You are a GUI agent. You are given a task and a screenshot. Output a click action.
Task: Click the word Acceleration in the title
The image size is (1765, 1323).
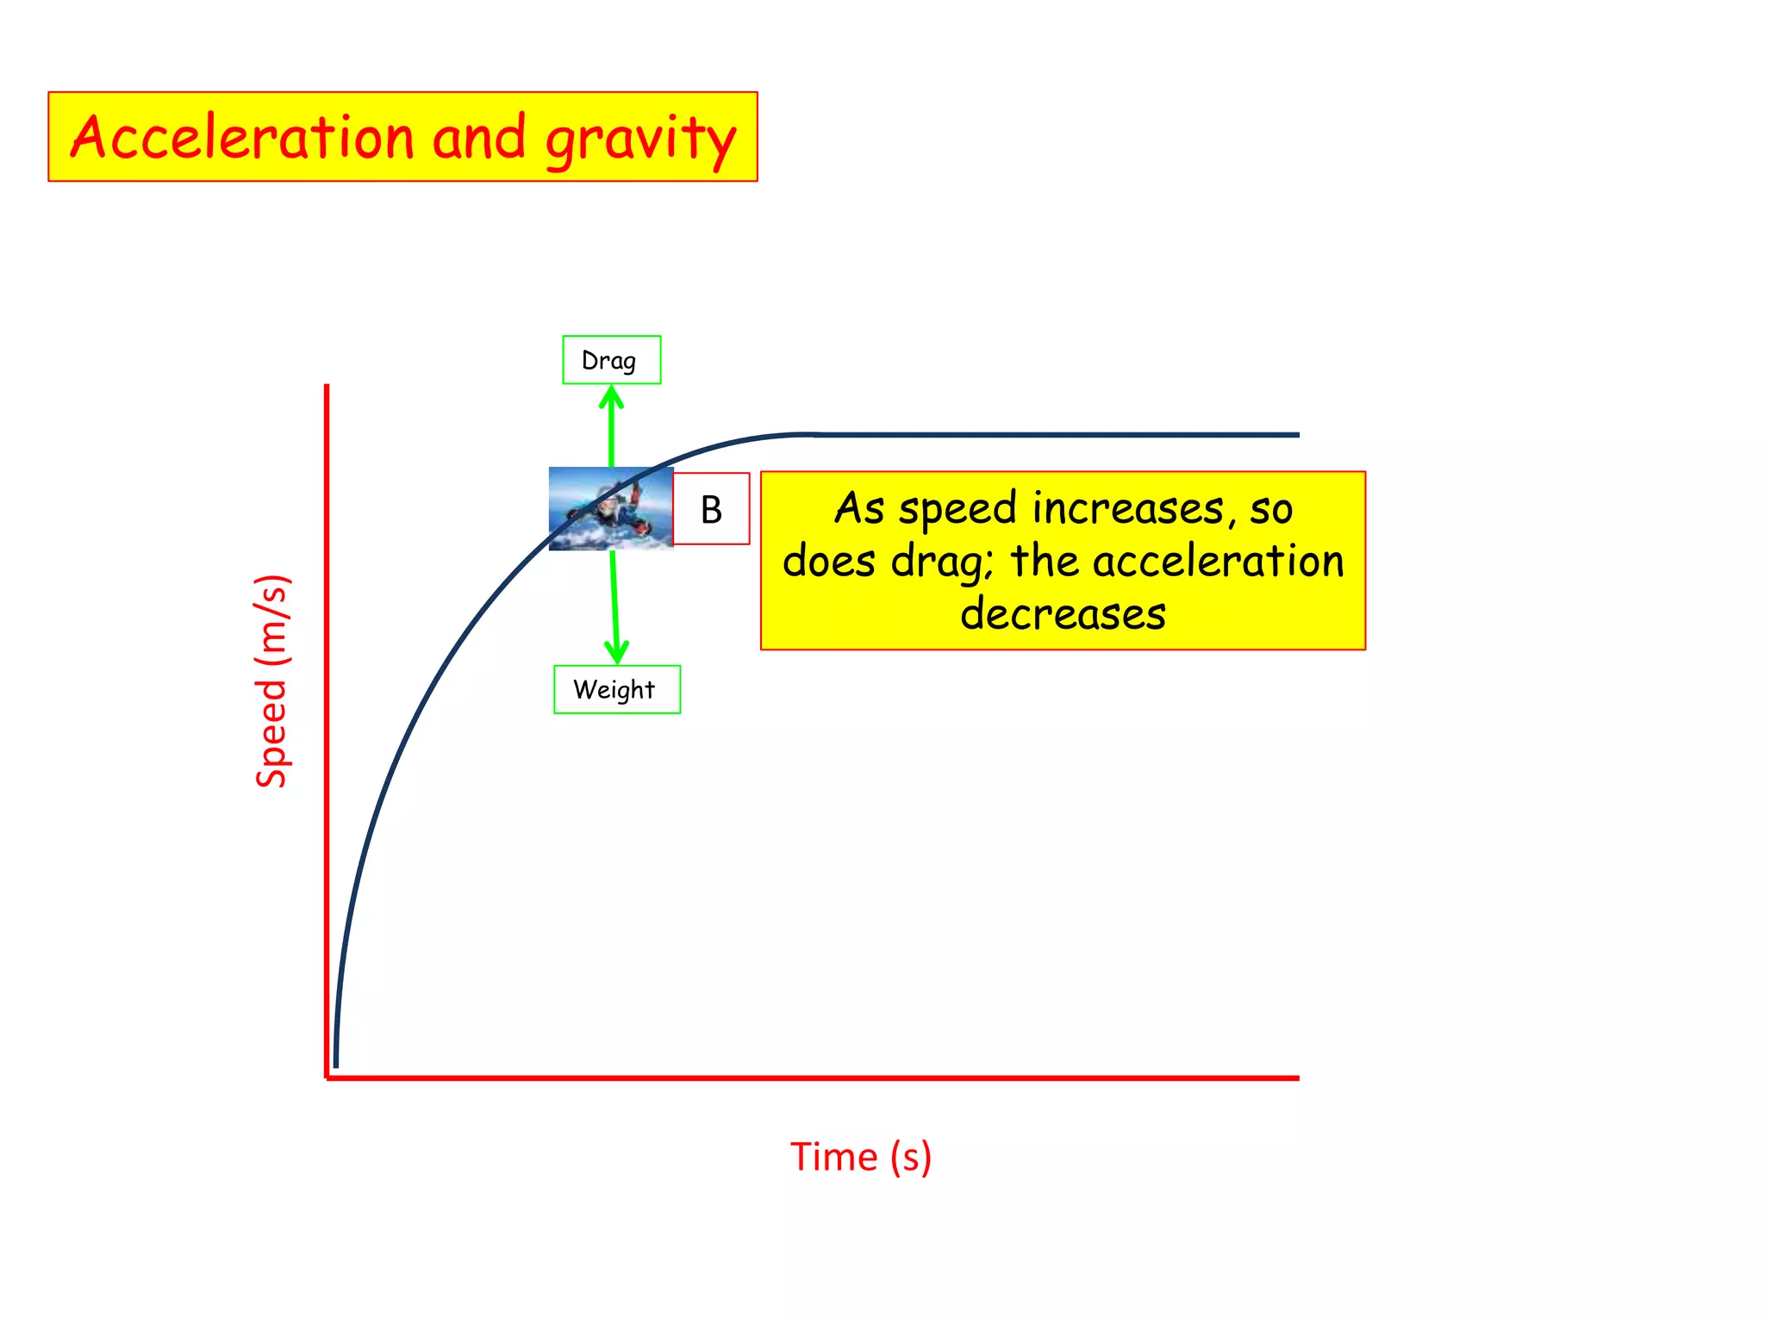[242, 137]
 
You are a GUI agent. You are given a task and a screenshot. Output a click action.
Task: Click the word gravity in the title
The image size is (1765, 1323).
[641, 140]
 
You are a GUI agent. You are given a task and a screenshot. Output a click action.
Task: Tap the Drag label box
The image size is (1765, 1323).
[611, 360]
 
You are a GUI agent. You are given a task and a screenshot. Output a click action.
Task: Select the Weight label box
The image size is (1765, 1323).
[616, 689]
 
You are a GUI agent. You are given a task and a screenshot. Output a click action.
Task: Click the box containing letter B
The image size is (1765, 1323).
[711, 509]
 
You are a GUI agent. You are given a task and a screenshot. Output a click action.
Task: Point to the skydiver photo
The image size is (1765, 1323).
[610, 509]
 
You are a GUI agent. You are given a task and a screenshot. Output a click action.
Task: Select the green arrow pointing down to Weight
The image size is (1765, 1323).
[614, 603]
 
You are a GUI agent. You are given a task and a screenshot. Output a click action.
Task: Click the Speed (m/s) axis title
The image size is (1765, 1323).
[271, 680]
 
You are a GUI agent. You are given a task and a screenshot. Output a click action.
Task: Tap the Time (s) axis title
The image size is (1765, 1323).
[860, 1156]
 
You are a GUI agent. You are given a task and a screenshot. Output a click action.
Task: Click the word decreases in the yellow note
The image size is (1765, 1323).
[1063, 614]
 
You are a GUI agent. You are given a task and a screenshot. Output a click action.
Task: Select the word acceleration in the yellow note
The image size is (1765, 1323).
[1219, 562]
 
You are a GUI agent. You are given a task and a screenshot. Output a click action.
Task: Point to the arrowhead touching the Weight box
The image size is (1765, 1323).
[617, 652]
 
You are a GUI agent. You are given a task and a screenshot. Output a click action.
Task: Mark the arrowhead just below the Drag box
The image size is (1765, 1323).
[611, 397]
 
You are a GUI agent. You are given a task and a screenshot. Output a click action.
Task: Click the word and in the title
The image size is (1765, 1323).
[479, 137]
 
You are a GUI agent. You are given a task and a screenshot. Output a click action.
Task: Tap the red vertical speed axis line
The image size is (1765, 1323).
[327, 732]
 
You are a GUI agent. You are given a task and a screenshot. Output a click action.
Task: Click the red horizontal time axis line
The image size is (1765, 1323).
[810, 1078]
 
